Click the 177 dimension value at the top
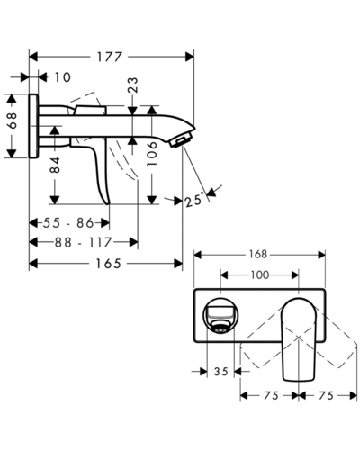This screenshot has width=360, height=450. pyautogui.click(x=109, y=57)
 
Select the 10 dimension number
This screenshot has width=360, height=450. pyautogui.click(x=62, y=77)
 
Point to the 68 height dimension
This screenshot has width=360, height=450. pyautogui.click(x=13, y=121)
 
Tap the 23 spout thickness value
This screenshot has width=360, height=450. pyautogui.click(x=133, y=85)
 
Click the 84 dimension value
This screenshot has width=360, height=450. pyautogui.click(x=55, y=165)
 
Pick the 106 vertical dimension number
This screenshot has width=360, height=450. pyautogui.click(x=152, y=154)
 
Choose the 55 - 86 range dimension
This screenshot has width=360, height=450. pyautogui.click(x=68, y=223)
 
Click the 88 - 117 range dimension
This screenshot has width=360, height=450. pyautogui.click(x=83, y=242)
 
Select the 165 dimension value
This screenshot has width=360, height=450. pyautogui.click(x=108, y=264)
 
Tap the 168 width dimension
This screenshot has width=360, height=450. pyautogui.click(x=258, y=255)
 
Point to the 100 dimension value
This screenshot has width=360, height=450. pyautogui.click(x=260, y=274)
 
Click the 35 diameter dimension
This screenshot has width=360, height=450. pyautogui.click(x=221, y=372)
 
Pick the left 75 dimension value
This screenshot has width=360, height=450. pyautogui.click(x=271, y=396)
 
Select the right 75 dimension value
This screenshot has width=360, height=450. pyautogui.click(x=326, y=396)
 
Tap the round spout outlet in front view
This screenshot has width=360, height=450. pyautogui.click(x=220, y=316)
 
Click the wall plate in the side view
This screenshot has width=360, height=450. pyautogui.click(x=33, y=126)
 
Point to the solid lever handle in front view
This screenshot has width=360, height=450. pyautogui.click(x=298, y=339)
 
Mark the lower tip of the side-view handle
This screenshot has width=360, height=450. pyautogui.click(x=109, y=203)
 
